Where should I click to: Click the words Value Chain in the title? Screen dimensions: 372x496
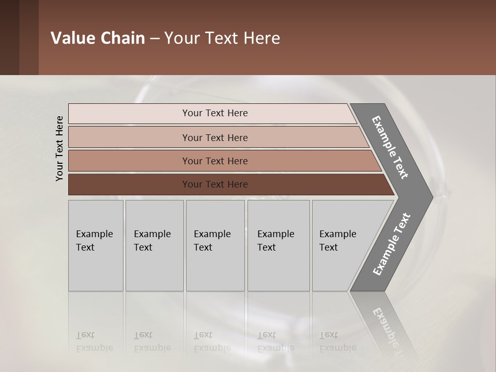98,38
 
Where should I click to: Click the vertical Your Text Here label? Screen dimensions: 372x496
59,148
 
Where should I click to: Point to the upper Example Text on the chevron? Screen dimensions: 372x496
390,147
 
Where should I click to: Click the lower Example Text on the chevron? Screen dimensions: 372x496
391,244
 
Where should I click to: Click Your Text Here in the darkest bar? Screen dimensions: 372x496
215,184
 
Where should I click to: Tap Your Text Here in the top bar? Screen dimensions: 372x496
215,113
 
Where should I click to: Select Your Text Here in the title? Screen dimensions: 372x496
222,38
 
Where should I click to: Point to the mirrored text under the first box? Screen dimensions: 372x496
94,342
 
